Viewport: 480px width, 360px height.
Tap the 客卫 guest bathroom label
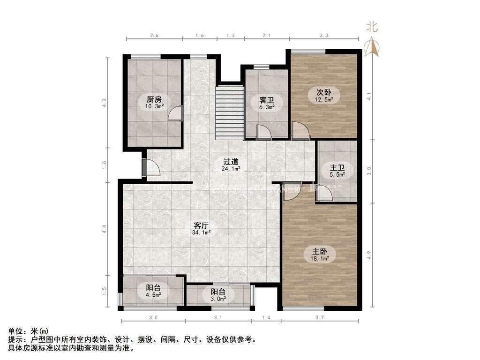tap(267, 100)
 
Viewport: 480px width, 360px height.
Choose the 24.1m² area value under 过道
tap(231, 168)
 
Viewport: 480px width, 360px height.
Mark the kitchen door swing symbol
tap(176, 113)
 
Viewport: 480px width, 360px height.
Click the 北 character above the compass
tap(372, 27)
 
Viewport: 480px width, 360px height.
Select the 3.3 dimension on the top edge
tap(323, 35)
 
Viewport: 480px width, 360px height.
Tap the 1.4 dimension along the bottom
tap(266, 318)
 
